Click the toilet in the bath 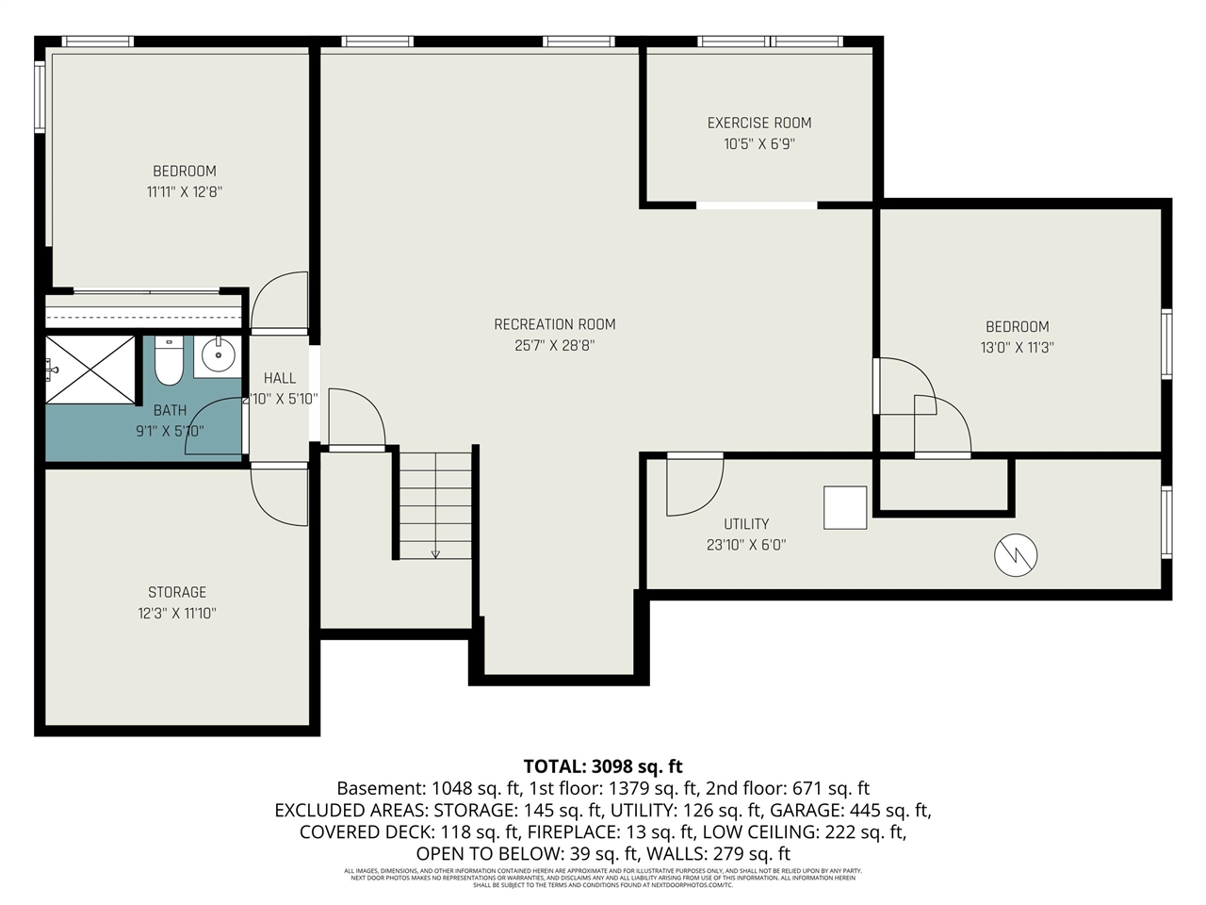169,362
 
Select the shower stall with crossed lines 91,370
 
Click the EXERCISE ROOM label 758,123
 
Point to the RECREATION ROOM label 554,324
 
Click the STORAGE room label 177,592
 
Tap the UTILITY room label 746,524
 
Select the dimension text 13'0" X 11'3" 1017,347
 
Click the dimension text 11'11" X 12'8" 185,191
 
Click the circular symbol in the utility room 1016,555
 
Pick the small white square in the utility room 845,507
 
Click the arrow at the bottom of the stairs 435,553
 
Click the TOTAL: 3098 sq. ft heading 602,765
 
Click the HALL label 280,378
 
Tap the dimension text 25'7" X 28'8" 554,346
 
